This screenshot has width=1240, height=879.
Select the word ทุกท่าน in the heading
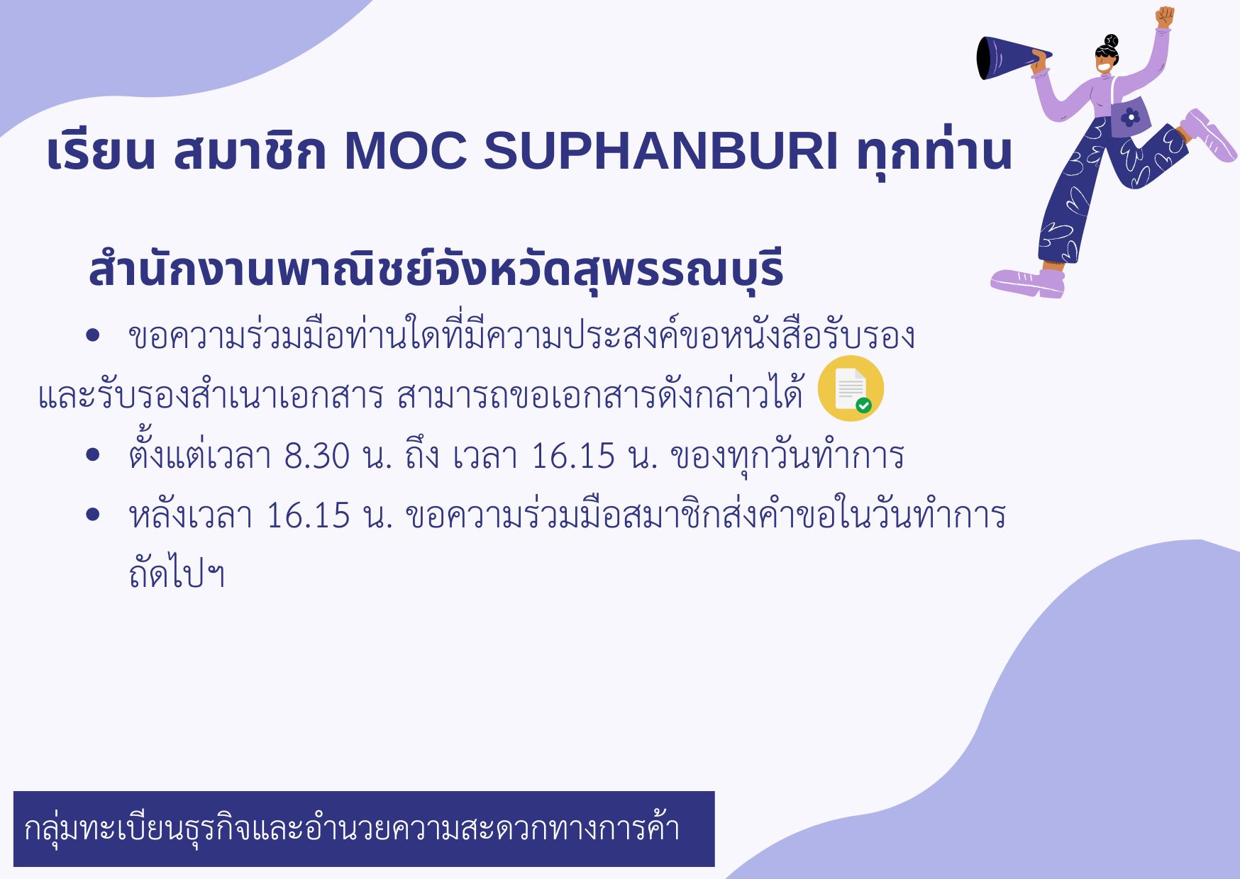click(934, 151)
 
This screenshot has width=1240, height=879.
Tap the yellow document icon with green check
click(851, 388)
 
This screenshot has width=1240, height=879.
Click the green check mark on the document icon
click(863, 405)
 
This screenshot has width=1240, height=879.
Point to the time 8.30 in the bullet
click(316, 456)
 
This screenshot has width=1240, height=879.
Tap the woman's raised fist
click(1164, 17)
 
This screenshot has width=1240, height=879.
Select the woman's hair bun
click(1111, 41)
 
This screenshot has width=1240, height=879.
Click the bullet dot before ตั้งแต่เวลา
click(92, 455)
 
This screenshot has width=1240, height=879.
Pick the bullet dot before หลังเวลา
click(92, 515)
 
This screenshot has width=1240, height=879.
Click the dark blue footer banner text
click(352, 828)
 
